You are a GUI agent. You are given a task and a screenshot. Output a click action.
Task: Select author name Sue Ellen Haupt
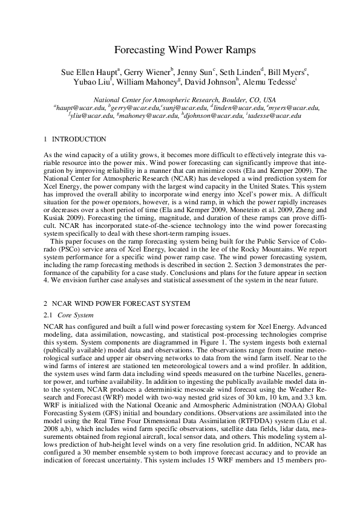91,73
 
